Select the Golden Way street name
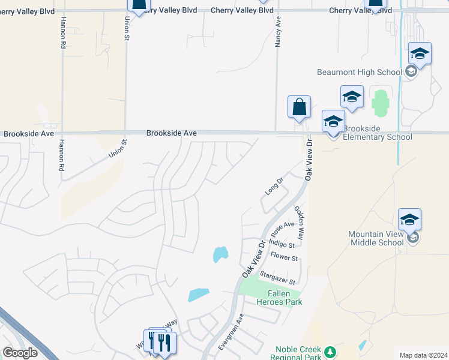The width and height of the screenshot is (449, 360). (x=299, y=223)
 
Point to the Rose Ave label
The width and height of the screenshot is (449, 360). (x=283, y=228)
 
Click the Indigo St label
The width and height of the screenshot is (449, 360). (x=282, y=244)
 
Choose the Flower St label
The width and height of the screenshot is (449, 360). (x=284, y=257)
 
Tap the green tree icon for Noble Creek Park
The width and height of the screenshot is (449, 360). (x=330, y=351)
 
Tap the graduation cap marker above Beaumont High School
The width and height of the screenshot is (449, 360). (x=420, y=54)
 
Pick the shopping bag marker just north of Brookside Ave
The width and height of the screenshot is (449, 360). (x=299, y=108)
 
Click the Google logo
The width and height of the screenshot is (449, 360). (x=20, y=353)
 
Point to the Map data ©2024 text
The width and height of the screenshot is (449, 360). (x=423, y=355)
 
